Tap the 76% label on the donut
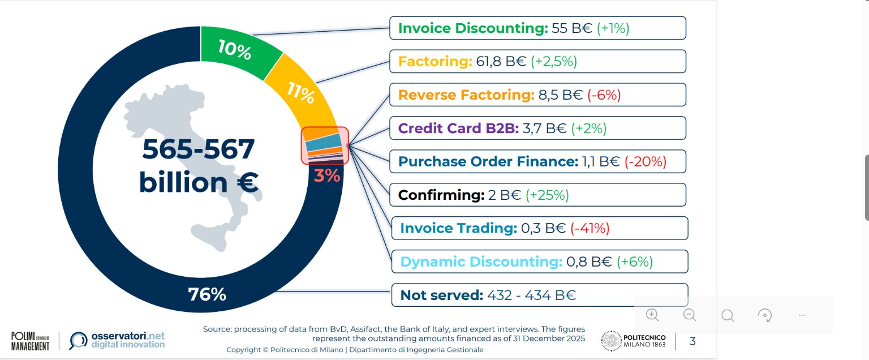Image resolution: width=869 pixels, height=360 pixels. (207, 294)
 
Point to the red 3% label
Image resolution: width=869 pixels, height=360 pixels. (327, 175)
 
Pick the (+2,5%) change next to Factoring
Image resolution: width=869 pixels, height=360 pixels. (553, 62)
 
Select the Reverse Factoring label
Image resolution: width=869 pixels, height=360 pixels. (466, 95)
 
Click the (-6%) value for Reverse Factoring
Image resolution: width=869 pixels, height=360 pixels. (604, 95)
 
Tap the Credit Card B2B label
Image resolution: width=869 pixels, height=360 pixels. (458, 128)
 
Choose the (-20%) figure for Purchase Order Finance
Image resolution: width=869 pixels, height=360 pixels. (646, 162)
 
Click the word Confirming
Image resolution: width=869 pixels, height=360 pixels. (441, 195)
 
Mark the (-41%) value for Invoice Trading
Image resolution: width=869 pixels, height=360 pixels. (590, 229)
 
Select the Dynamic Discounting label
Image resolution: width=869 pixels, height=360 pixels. (481, 262)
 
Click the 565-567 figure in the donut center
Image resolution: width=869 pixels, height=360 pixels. (199, 150)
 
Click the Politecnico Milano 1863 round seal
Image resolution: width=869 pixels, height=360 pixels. (611, 341)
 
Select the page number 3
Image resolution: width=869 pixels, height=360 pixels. (692, 341)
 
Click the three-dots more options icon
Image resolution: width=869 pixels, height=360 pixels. (802, 315)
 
